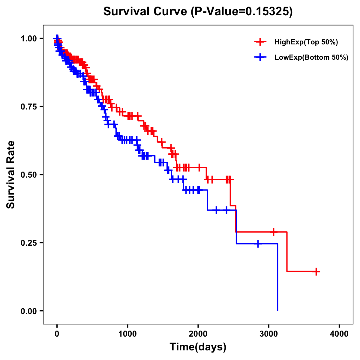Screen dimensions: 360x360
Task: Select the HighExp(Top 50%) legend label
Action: (x=306, y=42)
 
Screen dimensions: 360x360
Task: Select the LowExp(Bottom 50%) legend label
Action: (x=311, y=58)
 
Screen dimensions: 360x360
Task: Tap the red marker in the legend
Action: (x=260, y=42)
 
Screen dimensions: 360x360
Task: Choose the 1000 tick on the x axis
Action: (x=127, y=334)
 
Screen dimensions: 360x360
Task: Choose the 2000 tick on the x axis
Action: (x=198, y=334)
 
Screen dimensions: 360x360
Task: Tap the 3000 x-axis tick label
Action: (x=269, y=334)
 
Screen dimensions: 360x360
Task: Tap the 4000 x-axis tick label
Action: (x=339, y=334)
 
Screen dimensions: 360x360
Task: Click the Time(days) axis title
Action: (x=198, y=347)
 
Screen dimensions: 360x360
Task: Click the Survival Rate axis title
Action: (x=11, y=175)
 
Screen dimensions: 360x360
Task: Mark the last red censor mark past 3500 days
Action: (x=316, y=271)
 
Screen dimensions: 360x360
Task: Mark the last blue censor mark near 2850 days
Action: (x=257, y=244)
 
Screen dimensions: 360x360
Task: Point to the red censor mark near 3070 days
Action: (x=273, y=232)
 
